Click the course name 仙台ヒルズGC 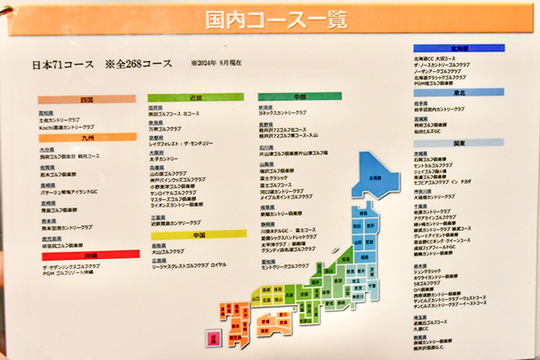(x=435, y=132)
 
